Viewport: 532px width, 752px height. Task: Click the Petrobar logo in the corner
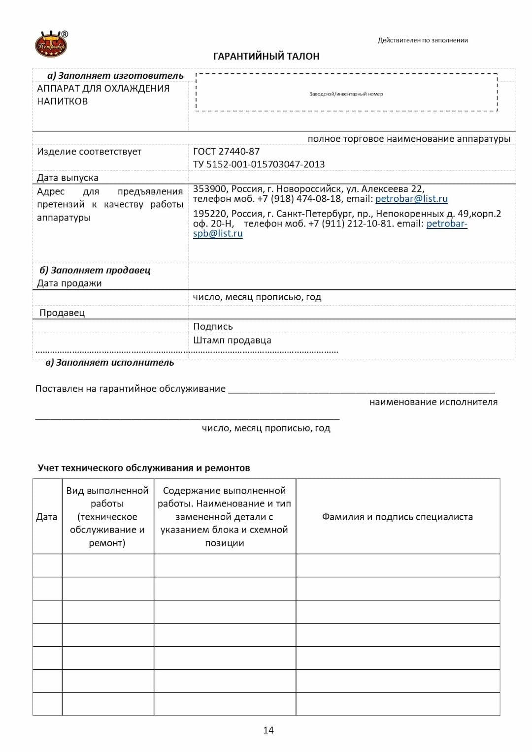51,44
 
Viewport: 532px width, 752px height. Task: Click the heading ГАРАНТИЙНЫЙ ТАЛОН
266,56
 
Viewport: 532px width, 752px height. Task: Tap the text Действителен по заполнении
423,40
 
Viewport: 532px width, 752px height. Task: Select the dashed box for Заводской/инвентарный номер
346,93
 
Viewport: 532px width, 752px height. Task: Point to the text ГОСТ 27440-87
226,152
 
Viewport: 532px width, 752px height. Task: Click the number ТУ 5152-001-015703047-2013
259,164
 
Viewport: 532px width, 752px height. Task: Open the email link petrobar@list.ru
411,199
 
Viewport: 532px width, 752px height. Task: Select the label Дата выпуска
67,178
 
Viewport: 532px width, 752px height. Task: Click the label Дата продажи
69,283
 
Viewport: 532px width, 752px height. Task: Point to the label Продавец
62,313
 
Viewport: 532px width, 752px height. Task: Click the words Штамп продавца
232,341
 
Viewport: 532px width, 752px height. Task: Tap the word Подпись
213,327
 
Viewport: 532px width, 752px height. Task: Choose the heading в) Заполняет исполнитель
110,363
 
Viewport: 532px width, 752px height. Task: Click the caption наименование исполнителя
433,402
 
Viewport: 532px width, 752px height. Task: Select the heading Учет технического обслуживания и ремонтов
144,468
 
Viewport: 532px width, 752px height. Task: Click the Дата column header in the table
47,517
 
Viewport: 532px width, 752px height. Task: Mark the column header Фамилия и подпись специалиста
398,517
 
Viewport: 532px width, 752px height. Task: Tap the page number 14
268,730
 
